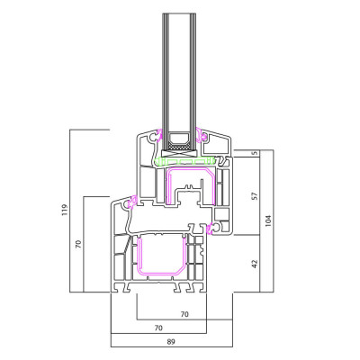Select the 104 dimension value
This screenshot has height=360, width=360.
(x=268, y=220)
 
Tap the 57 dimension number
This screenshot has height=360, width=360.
(x=255, y=196)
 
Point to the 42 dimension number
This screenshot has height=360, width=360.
(x=255, y=264)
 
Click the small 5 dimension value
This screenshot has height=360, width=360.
(x=256, y=153)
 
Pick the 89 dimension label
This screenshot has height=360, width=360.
(x=171, y=342)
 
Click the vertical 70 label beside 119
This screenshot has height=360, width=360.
(x=79, y=244)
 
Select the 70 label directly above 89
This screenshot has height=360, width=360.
(x=158, y=328)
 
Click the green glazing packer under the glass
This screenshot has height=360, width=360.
(x=184, y=161)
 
